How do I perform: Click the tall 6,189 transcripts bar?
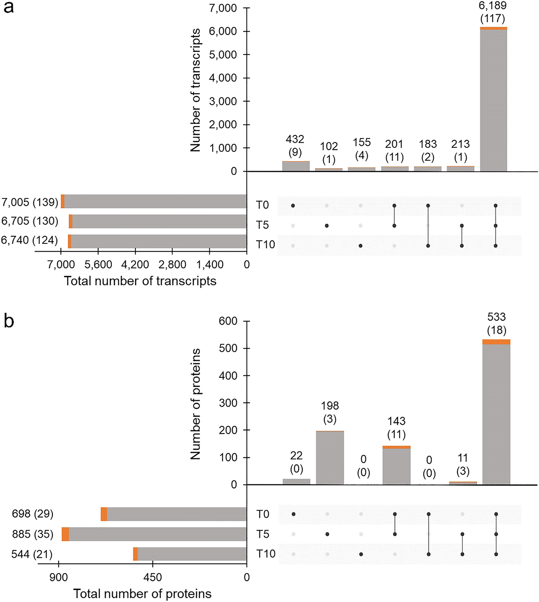[x=493, y=100]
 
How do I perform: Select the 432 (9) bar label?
[x=295, y=146]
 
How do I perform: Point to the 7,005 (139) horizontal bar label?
[x=30, y=202]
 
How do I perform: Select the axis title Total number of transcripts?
[x=140, y=281]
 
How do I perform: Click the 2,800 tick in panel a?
[x=172, y=264]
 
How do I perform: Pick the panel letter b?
[x=9, y=321]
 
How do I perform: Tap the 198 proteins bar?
[x=330, y=458]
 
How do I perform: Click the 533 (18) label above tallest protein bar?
[x=496, y=324]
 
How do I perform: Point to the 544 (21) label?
[x=32, y=554]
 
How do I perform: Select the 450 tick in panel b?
[x=153, y=577]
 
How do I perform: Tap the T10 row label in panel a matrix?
[x=265, y=245]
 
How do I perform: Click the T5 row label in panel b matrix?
[x=263, y=534]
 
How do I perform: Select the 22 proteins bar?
[x=296, y=482]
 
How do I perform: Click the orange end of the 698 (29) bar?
[x=104, y=514]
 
